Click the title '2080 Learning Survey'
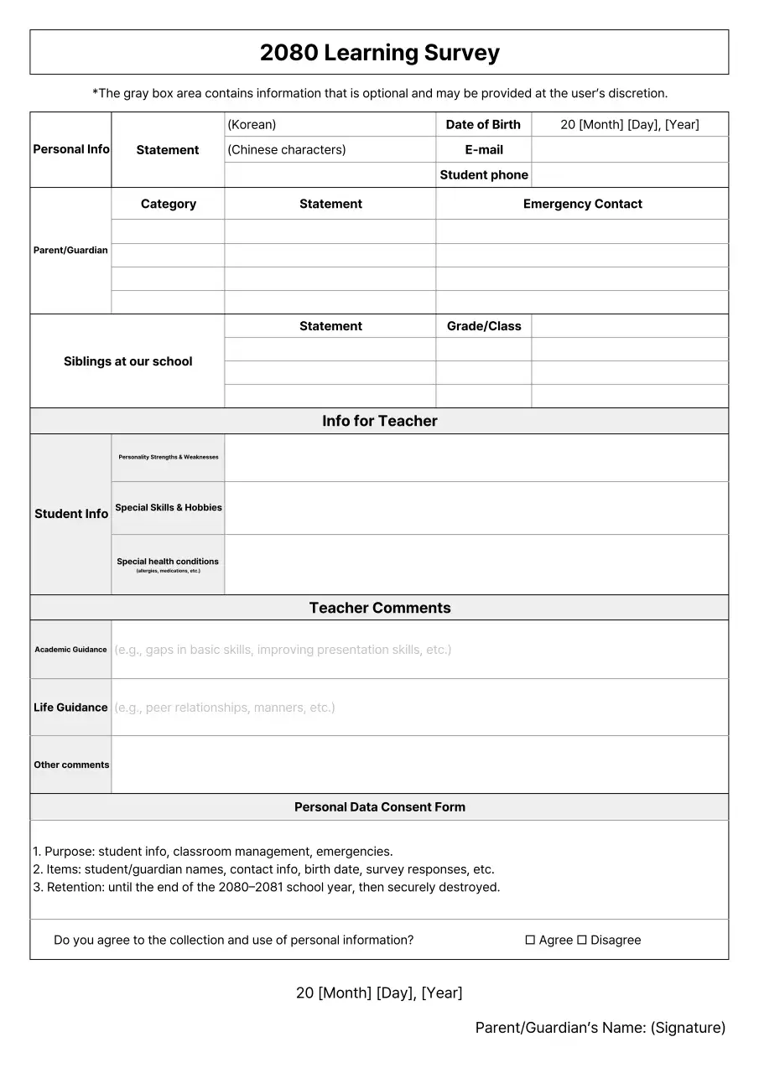(x=379, y=53)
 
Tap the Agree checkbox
(x=530, y=941)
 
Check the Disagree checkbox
(x=581, y=941)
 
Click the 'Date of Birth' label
(x=483, y=125)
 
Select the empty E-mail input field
(x=629, y=150)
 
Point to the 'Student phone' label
(x=484, y=175)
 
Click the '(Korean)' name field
(x=330, y=125)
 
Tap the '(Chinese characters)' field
(x=330, y=150)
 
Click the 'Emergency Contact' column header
(x=582, y=204)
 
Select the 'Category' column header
(x=168, y=204)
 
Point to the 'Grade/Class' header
(x=484, y=326)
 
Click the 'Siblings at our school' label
(x=127, y=361)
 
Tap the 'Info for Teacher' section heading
(x=379, y=421)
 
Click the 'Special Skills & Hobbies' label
(x=168, y=508)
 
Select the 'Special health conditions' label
(x=168, y=562)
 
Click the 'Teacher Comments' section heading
(x=379, y=608)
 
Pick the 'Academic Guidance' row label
(x=70, y=650)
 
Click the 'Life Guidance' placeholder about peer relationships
(x=225, y=708)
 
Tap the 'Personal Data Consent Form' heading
(x=379, y=807)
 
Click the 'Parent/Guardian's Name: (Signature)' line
(x=600, y=1028)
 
